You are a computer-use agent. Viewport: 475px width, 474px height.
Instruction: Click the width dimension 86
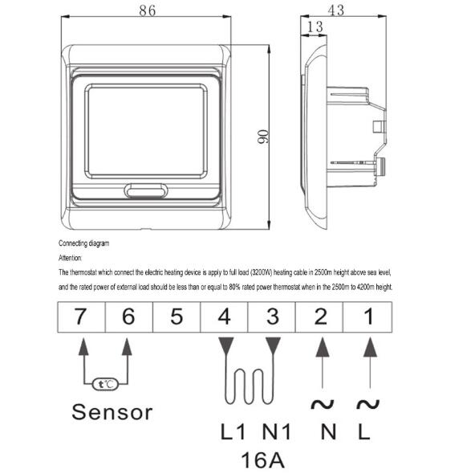click(146, 10)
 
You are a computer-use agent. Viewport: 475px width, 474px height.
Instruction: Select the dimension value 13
click(315, 28)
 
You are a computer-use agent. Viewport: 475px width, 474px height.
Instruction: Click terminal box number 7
click(81, 317)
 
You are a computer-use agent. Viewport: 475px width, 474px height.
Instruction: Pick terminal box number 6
click(128, 317)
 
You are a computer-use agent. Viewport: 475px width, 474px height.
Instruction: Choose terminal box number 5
click(177, 317)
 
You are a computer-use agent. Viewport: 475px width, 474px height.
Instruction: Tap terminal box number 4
click(225, 317)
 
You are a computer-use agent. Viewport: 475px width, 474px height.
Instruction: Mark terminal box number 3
click(272, 317)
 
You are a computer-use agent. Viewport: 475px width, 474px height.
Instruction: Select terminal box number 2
click(320, 317)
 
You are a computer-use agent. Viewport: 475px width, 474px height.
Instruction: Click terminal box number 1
click(369, 317)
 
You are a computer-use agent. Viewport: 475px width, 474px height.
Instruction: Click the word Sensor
click(112, 413)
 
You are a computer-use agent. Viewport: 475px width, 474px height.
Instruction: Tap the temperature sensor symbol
click(105, 384)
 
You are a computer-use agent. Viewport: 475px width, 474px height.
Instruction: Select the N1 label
click(275, 431)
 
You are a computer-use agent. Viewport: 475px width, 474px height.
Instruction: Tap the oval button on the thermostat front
click(145, 192)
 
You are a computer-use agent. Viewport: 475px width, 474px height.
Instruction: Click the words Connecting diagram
click(83, 243)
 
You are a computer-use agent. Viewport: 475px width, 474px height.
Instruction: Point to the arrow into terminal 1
click(370, 362)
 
